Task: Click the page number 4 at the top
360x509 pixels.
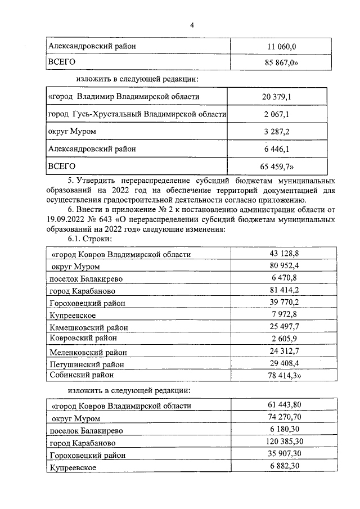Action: click(192, 26)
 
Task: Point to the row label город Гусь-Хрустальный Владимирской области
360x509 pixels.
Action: click(137, 114)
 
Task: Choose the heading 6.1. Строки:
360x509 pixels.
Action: click(86, 239)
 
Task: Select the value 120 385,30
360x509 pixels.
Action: click(286, 442)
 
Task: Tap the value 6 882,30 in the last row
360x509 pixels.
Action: click(286, 467)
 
